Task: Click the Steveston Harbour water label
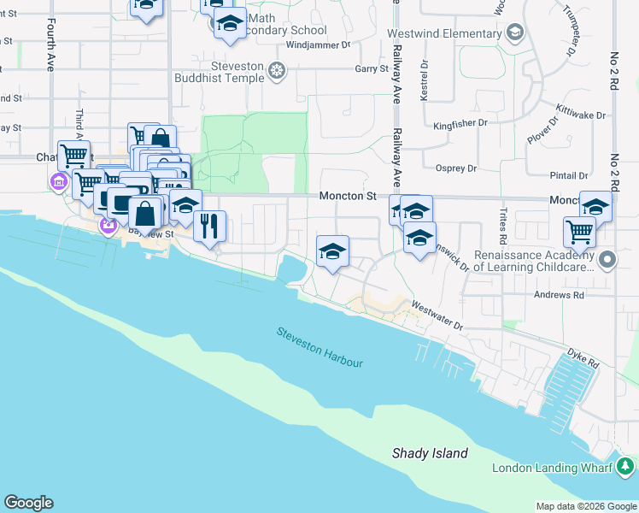point(319,346)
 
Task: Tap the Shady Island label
point(430,453)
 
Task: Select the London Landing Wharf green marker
point(625,467)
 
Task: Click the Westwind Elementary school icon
point(514,33)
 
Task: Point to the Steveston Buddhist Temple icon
point(276,70)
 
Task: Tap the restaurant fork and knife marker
point(209,227)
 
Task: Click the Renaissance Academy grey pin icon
point(607,259)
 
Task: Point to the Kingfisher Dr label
point(460,124)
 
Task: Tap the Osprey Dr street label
point(455,168)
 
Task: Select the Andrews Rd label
point(560,295)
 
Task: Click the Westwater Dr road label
point(437,315)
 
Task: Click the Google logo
point(28,503)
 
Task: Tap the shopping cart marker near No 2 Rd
point(580,232)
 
